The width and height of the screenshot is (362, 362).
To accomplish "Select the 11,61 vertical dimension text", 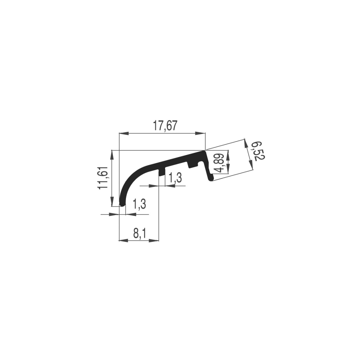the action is [x=103, y=178].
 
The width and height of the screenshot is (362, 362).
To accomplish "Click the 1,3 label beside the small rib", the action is [x=176, y=178].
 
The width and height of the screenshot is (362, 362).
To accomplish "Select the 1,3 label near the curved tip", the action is [x=139, y=204].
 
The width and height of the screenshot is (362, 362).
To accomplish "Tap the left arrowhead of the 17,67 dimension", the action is [x=123, y=133].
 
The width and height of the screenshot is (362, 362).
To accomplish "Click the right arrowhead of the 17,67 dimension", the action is [x=201, y=133].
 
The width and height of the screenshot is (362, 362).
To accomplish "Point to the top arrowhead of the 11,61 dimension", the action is [x=112, y=155].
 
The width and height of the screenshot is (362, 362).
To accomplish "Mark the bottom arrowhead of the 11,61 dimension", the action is [x=112, y=202].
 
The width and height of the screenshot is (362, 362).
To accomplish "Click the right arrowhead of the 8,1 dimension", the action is [x=154, y=241].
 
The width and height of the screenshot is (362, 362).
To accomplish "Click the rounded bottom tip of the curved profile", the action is [x=122, y=204].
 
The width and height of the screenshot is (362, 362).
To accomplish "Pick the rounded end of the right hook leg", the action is [x=211, y=179].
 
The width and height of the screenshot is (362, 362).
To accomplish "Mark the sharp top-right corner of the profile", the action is [x=205, y=151].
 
